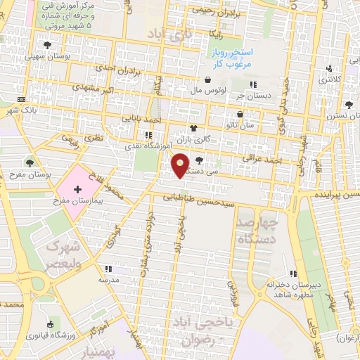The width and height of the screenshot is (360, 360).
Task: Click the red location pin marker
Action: (x=181, y=165)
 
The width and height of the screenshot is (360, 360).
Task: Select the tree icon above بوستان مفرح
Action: (x=29, y=163)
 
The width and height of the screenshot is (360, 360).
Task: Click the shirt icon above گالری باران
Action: (x=194, y=129)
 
